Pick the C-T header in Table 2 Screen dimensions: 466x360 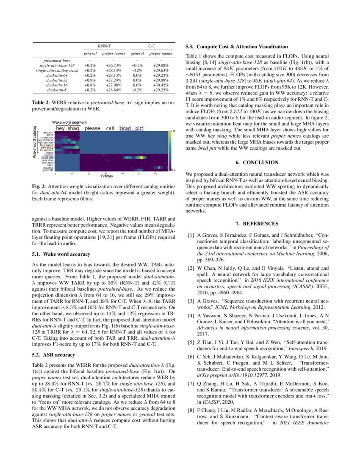[x=152, y=44]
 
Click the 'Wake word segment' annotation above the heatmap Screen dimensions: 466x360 [x=69, y=122]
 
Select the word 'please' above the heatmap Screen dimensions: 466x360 [x=93, y=128]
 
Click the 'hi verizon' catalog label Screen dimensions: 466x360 [x=47, y=150]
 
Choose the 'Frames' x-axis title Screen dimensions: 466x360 [x=106, y=175]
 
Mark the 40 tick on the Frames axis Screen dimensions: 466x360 [x=123, y=173]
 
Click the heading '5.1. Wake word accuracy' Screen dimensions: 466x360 [x=61, y=254]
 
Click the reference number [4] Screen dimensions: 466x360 [x=191, y=305]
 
